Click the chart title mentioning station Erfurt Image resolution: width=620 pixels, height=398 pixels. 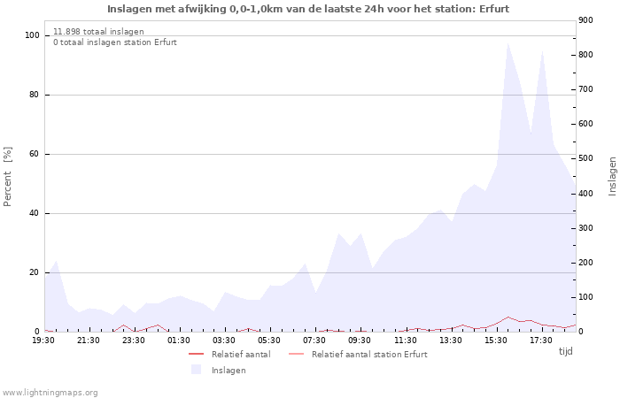tap(308, 9)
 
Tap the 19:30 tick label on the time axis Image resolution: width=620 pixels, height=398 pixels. tap(43, 340)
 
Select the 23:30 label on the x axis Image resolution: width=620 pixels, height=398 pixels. tap(134, 340)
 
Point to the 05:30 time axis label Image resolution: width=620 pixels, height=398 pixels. tap(269, 340)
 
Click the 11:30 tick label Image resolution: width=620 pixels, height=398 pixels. tap(405, 340)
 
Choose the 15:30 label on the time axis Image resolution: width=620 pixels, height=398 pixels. tap(495, 340)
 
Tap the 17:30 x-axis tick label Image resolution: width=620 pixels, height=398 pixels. tap(540, 340)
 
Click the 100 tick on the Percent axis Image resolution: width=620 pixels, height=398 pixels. tap(32, 35)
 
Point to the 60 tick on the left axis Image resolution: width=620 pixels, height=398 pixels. tap(35, 154)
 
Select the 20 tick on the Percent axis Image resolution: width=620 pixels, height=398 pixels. tap(35, 272)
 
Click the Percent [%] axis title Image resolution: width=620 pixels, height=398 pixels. tap(8, 176)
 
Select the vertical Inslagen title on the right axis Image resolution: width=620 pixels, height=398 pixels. tap(612, 176)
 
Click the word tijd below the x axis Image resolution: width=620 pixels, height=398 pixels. tap(565, 351)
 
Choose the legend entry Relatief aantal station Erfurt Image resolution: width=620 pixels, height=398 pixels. tap(368, 354)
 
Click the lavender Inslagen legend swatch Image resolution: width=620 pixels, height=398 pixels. tap(196, 370)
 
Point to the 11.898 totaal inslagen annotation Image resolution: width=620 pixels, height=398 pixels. tap(98, 31)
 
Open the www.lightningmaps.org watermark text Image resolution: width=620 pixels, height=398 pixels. tap(50, 392)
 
